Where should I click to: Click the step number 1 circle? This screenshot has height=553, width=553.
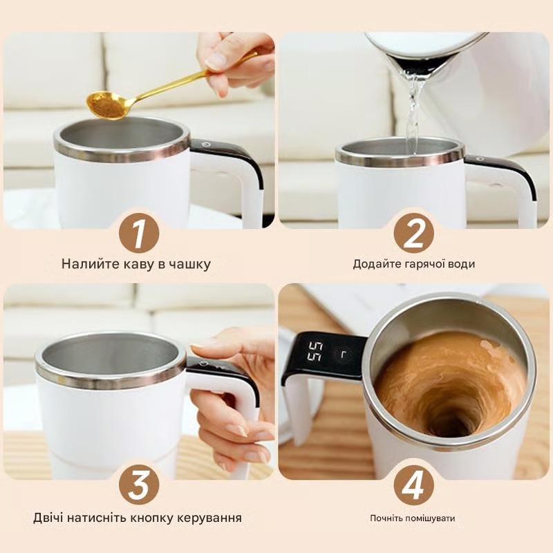[x=139, y=233]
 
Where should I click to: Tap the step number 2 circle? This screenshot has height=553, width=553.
[x=413, y=233]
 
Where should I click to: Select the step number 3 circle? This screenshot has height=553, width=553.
[x=139, y=485]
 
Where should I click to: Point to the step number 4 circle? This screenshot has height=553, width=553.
[x=413, y=485]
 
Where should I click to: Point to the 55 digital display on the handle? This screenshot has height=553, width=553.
[x=315, y=351]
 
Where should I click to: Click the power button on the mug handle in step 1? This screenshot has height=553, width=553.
[x=205, y=144]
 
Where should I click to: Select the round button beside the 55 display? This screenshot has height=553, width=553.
[x=341, y=354]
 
